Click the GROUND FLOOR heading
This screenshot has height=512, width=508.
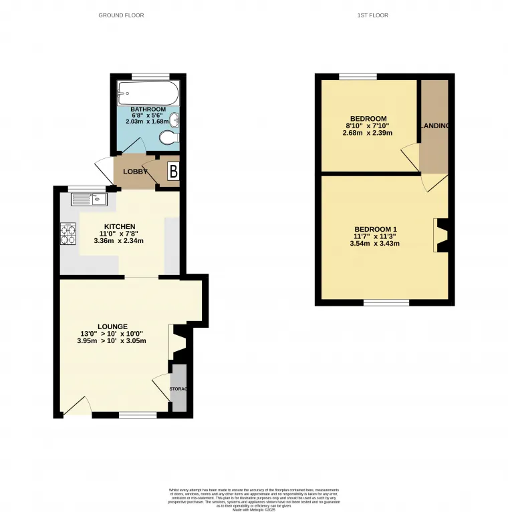(121, 15)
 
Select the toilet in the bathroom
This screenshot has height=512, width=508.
(170, 138)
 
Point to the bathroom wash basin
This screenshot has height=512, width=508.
(174, 121)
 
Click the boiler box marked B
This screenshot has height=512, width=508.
(173, 172)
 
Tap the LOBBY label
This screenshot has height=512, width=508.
(134, 172)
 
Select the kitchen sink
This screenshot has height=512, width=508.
(85, 198)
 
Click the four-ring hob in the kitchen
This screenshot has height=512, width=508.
(68, 232)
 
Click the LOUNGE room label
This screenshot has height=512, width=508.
(112, 326)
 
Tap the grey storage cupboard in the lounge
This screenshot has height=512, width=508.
(178, 389)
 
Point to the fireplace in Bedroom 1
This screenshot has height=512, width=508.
(440, 236)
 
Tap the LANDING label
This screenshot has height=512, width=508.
(434, 125)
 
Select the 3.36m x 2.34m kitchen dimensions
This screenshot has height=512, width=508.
(120, 241)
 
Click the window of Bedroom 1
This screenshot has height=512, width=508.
(386, 303)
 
